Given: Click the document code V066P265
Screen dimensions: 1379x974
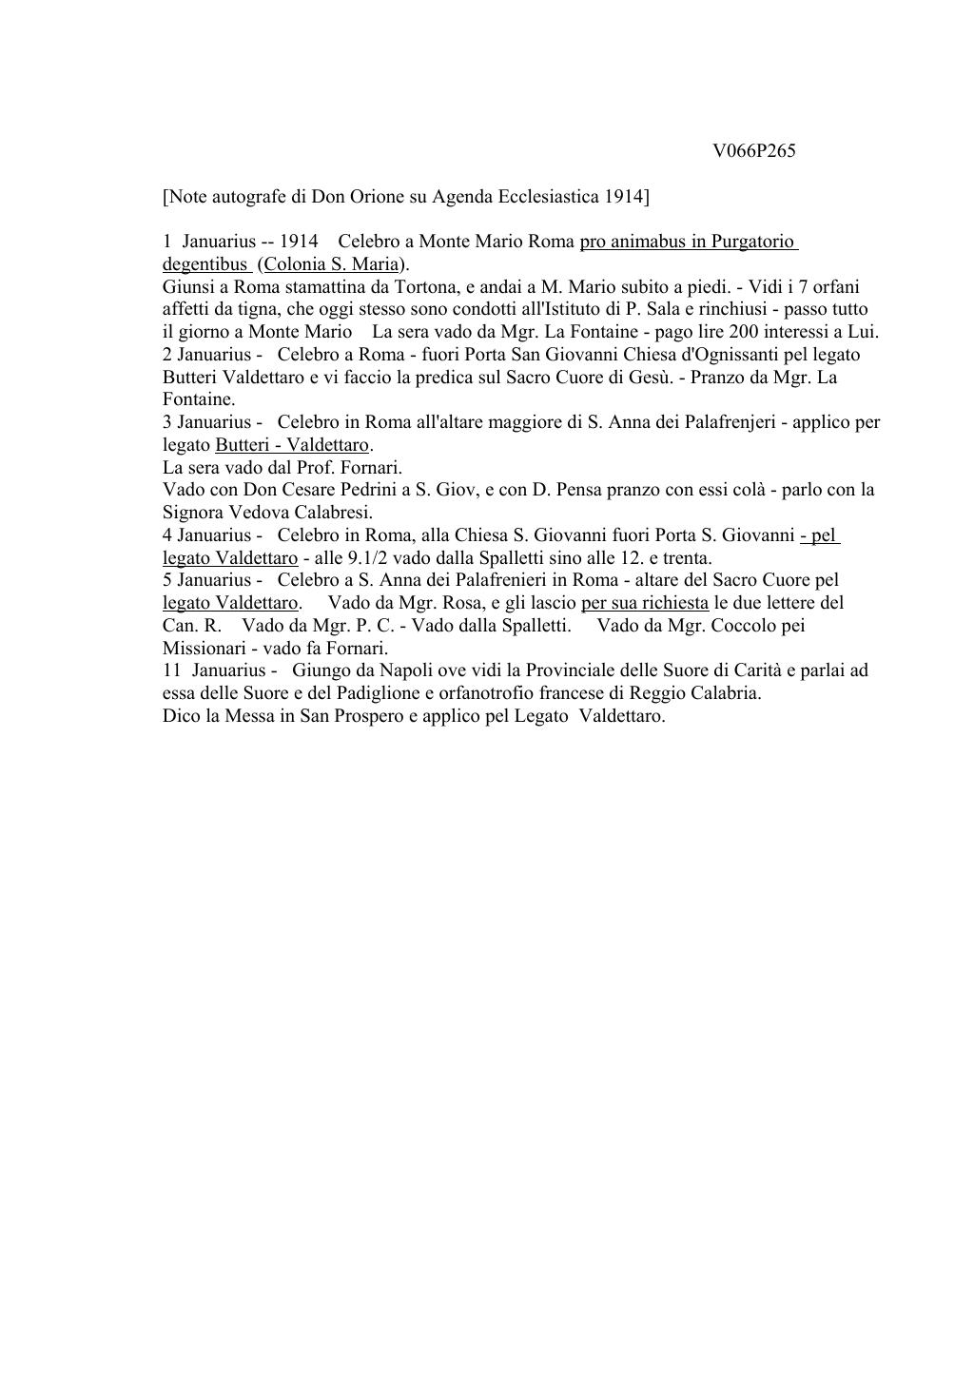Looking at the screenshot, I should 753,151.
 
